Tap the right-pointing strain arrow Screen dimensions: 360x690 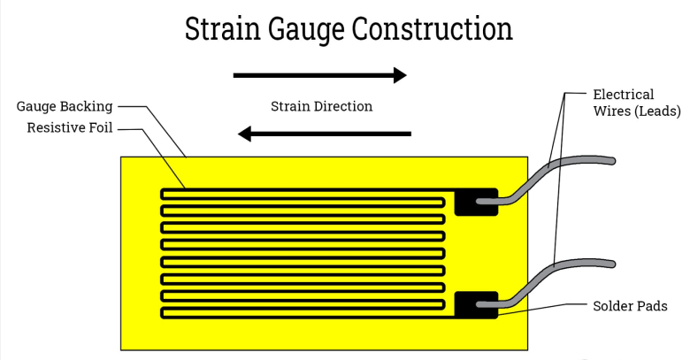pos(319,76)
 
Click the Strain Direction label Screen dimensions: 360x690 pos(321,106)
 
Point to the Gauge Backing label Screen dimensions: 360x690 pos(65,106)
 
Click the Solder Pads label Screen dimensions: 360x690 pos(630,306)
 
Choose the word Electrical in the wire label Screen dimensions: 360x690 pos(623,95)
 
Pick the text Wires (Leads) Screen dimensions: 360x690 pos(636,111)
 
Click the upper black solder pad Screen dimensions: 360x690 pos(476,202)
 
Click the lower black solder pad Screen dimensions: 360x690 pos(476,305)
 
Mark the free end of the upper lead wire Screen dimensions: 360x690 pos(611,160)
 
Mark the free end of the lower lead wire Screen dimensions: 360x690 pos(611,263)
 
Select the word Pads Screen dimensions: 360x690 pos(652,306)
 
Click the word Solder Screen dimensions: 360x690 pos(613,306)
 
